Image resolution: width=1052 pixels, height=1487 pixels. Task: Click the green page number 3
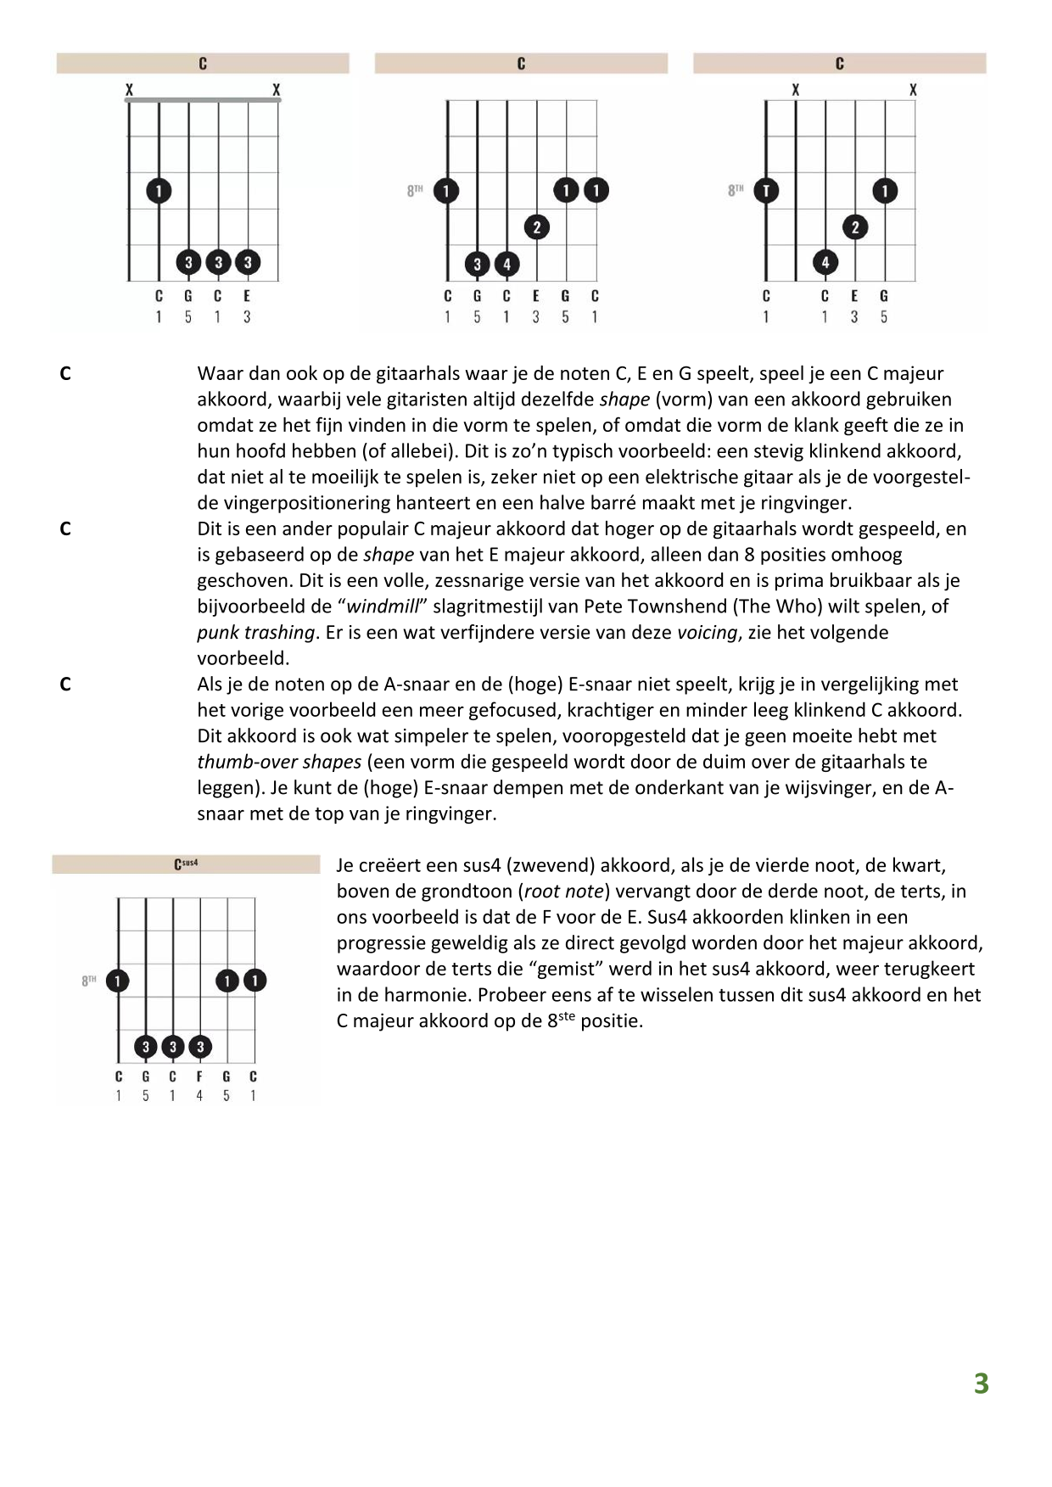click(981, 1384)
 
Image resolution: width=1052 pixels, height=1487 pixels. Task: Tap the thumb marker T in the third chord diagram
click(766, 191)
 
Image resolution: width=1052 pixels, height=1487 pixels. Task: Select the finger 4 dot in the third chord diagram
click(825, 263)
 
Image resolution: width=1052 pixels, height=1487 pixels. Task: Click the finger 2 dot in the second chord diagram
click(536, 227)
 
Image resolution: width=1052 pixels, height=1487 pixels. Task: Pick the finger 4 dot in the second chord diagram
click(506, 264)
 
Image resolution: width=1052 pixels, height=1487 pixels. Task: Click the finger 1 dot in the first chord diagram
click(159, 191)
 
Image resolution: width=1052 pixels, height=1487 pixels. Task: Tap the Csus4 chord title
click(186, 864)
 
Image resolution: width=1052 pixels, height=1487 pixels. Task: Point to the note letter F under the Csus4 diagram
click(199, 1076)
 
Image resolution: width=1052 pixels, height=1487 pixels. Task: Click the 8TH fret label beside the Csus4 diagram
click(89, 981)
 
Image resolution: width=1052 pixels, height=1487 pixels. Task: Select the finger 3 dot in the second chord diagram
click(477, 264)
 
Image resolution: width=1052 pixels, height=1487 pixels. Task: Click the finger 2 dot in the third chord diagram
click(855, 227)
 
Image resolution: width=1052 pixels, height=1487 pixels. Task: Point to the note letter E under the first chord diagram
click(247, 296)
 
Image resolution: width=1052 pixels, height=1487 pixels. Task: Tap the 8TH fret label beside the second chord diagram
click(415, 191)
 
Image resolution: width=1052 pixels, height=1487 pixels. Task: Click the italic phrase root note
click(564, 892)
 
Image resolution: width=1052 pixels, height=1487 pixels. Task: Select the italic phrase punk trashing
click(255, 633)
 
